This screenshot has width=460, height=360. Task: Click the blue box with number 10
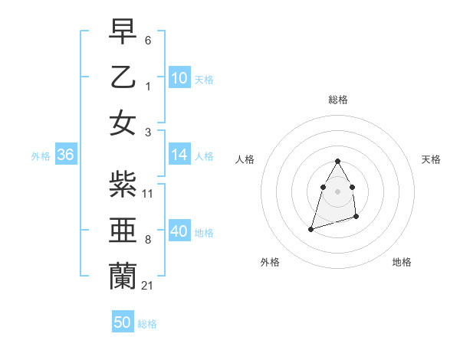coord(179,78)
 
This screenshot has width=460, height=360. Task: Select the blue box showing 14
coord(179,155)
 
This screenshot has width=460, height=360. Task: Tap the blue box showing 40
coord(179,231)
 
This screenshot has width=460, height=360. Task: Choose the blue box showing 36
coord(65,155)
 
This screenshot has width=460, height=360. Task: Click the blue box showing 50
coord(123,322)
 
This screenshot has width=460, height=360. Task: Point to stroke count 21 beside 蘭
coord(147,285)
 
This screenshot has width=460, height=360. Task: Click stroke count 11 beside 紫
coord(148,193)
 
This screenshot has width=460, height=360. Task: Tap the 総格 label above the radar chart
coord(337,100)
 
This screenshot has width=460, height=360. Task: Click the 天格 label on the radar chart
coord(431,159)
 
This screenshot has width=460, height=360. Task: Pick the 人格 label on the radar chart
coord(245,159)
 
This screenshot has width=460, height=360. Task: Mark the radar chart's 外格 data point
coord(310,228)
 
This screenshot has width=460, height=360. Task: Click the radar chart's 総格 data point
coord(337,161)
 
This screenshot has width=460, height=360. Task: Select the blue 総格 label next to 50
coord(147,324)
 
